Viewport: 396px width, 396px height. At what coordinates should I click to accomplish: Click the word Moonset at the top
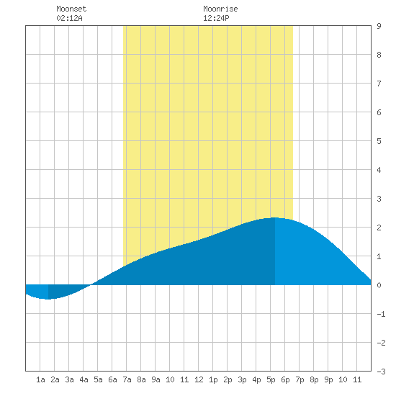(71, 9)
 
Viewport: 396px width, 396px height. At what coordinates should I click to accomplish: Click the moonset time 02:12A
(69, 18)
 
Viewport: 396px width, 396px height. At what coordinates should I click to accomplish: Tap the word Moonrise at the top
(220, 9)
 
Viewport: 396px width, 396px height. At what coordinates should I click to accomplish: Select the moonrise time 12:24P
(216, 18)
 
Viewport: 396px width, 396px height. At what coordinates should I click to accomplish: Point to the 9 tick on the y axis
(379, 26)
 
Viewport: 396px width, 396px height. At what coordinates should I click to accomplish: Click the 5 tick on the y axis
(379, 141)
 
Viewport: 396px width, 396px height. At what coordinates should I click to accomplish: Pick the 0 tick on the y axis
(379, 285)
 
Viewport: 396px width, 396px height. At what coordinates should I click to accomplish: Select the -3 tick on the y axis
(381, 372)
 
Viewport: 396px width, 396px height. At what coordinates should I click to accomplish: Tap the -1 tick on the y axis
(381, 314)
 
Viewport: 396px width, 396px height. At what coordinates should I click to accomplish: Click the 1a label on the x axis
(40, 379)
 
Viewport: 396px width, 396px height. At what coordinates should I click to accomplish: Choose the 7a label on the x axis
(127, 379)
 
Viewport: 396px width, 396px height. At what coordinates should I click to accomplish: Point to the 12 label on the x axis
(199, 379)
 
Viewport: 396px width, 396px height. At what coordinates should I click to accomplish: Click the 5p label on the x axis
(271, 379)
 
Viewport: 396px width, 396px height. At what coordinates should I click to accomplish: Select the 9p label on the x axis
(328, 379)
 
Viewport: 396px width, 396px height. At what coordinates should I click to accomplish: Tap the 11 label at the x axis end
(357, 379)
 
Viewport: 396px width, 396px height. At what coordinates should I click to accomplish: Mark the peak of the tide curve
(275, 217)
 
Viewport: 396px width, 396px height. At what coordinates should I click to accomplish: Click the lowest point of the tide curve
(48, 300)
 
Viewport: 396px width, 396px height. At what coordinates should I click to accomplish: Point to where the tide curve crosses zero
(91, 285)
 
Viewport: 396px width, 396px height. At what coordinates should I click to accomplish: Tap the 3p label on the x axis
(242, 379)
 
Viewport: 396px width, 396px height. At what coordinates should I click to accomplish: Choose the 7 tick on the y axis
(379, 84)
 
